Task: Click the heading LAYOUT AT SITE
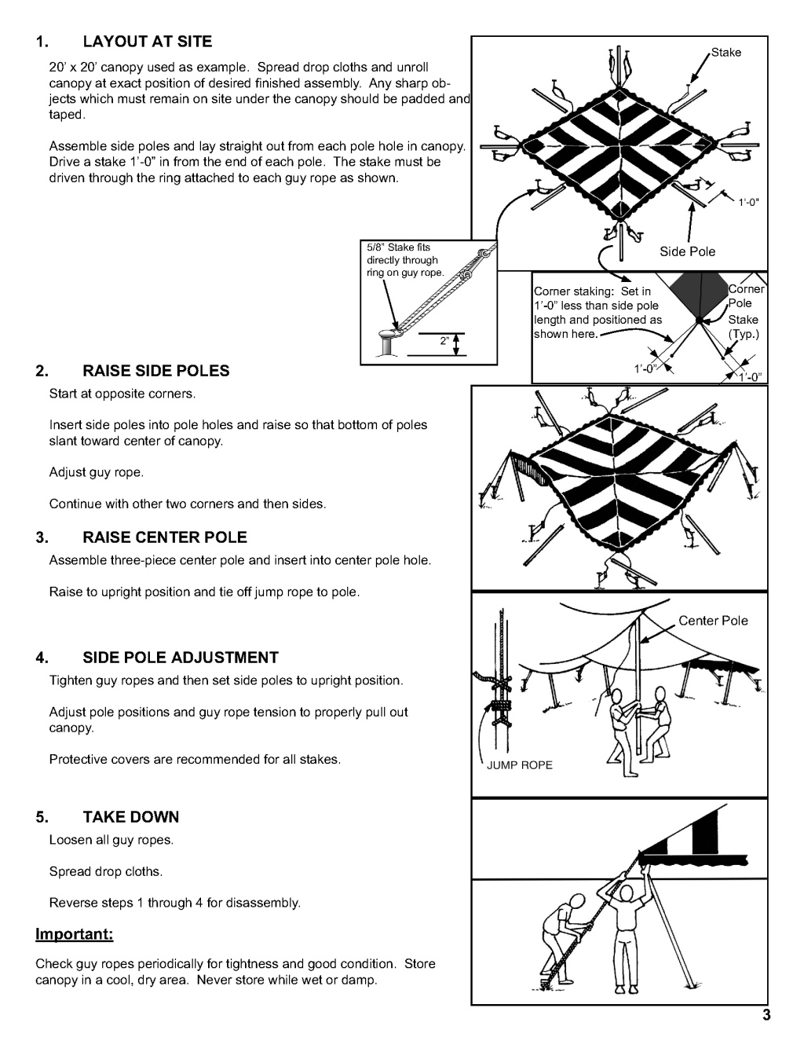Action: tap(148, 41)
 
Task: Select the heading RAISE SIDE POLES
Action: tap(156, 371)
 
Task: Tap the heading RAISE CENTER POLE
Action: tap(165, 537)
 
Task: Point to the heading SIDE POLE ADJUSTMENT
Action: tap(181, 657)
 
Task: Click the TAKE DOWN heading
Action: tap(131, 817)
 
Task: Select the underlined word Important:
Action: tap(75, 935)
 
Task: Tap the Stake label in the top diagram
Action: tap(726, 53)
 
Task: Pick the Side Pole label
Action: tap(687, 251)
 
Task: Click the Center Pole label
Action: tap(713, 621)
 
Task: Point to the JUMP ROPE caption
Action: tap(520, 765)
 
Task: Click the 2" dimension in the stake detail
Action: tap(446, 342)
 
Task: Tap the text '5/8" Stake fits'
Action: tap(399, 247)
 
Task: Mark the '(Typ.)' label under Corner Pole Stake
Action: tap(743, 334)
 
